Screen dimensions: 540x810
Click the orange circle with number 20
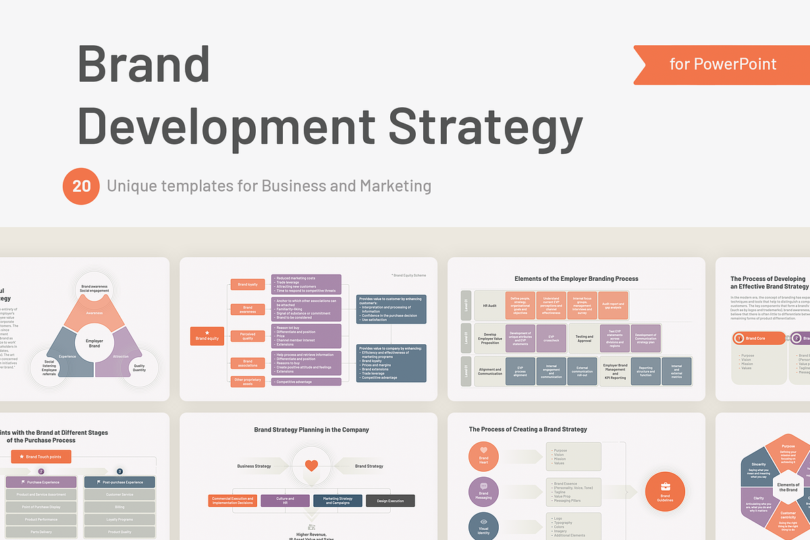click(81, 186)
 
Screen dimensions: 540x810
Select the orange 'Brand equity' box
click(207, 335)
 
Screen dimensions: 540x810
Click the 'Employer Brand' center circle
click(94, 343)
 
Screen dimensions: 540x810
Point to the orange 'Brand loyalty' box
click(248, 285)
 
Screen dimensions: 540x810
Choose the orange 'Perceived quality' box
click(248, 335)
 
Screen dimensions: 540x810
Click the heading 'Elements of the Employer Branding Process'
click(576, 279)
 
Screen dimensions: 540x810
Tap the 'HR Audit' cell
click(490, 305)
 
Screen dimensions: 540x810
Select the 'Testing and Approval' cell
click(585, 338)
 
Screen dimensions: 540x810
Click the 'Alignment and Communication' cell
click(490, 371)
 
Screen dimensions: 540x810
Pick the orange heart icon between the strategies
click(311, 466)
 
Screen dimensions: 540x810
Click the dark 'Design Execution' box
click(390, 501)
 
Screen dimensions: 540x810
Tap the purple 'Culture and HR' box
click(286, 501)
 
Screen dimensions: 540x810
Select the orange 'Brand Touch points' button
click(41, 457)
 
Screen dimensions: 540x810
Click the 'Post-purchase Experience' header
click(119, 482)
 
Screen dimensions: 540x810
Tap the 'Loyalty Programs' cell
click(119, 520)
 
